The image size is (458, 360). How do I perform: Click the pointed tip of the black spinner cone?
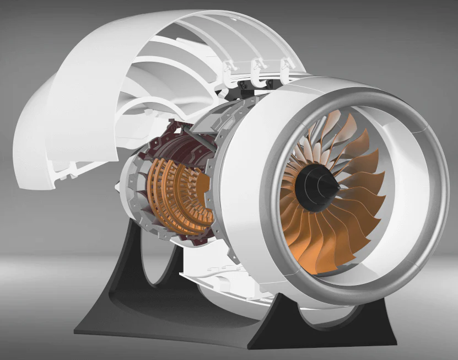337,187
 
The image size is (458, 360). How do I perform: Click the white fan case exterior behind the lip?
243,187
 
